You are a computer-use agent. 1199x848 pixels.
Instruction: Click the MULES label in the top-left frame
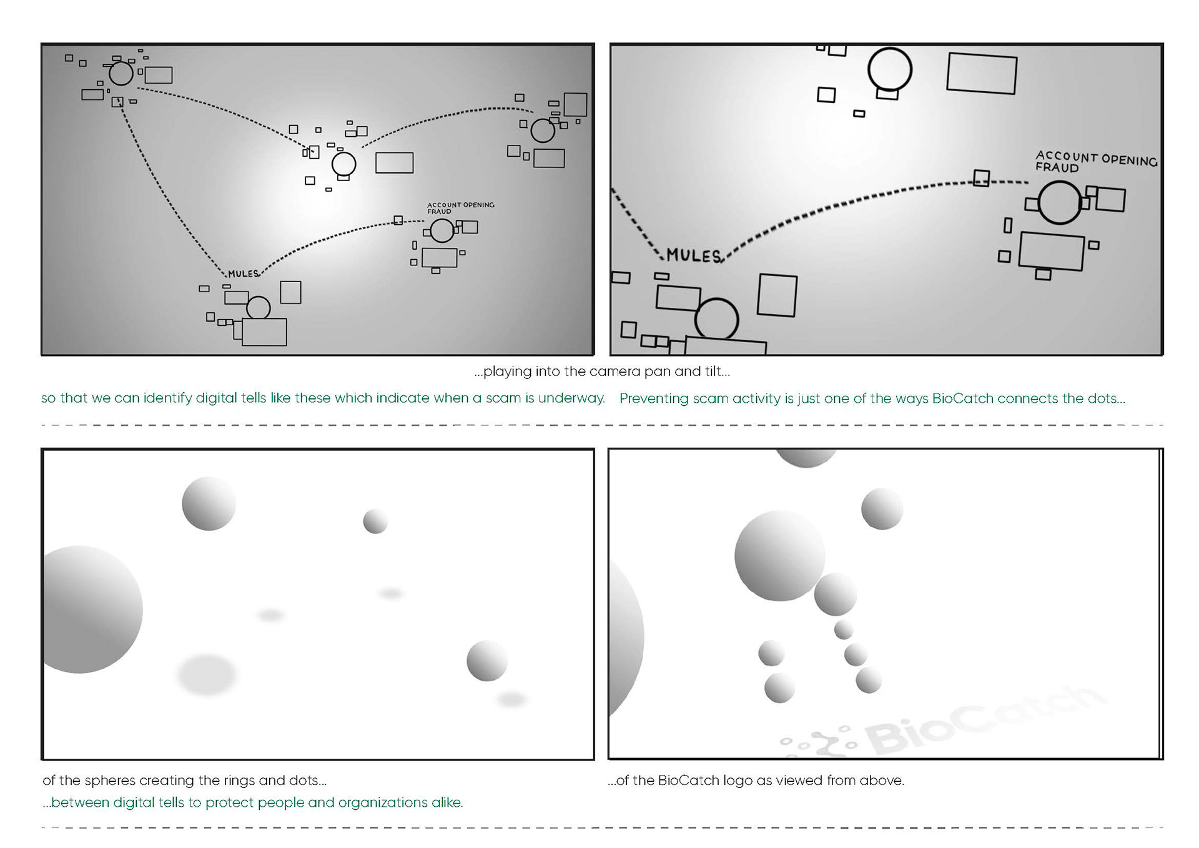point(243,274)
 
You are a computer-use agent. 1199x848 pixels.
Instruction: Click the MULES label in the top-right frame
point(693,255)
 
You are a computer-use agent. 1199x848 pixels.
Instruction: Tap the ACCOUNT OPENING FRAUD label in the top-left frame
point(460,208)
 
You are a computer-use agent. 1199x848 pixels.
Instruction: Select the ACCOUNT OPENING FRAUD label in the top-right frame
point(1095,162)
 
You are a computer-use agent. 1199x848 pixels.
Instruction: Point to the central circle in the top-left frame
point(343,164)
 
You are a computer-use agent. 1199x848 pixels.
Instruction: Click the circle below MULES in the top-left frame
point(258,308)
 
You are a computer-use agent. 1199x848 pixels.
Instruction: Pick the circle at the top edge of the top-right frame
point(889,69)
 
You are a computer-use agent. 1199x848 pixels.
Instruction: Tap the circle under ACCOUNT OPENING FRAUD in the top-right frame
point(1059,202)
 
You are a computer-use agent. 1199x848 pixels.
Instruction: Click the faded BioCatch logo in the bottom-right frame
point(943,724)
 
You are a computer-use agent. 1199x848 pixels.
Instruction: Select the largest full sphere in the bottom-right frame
point(779,555)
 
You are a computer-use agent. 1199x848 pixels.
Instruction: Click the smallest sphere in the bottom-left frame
point(375,521)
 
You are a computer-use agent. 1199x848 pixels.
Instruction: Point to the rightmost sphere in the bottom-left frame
point(486,660)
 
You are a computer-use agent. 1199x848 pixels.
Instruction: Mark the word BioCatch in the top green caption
point(962,398)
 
